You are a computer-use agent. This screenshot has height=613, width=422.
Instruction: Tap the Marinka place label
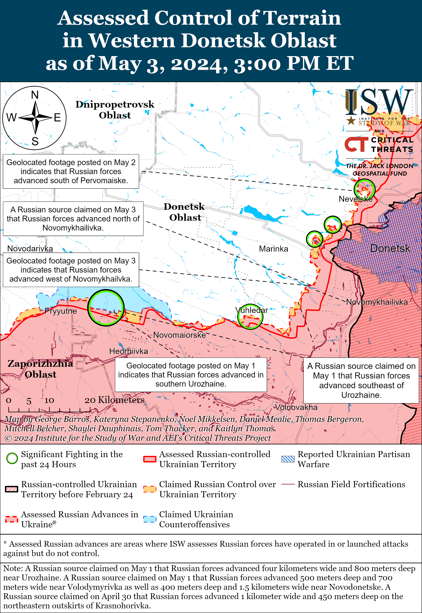coord(273,249)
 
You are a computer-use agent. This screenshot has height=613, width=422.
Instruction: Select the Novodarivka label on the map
coord(30,249)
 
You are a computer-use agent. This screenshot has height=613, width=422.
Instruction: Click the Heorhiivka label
coord(129,351)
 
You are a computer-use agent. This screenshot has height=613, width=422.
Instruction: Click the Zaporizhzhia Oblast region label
coord(40,369)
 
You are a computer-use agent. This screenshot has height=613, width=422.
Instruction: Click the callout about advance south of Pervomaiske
coord(71,171)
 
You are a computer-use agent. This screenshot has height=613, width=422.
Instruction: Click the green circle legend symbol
coord(12,459)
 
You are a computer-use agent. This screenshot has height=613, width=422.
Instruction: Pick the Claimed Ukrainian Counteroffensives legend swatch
coord(150,519)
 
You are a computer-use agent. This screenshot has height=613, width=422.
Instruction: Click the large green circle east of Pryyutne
coord(106,308)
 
